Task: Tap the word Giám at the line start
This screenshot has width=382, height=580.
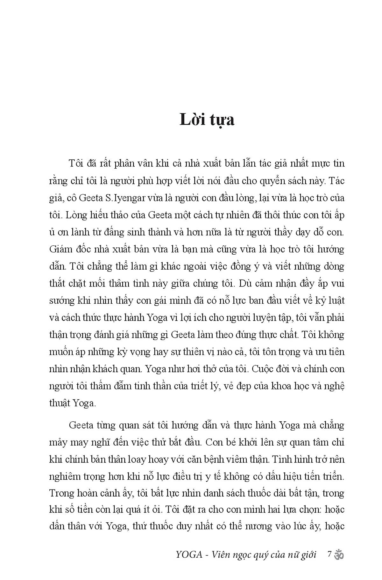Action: [x=60, y=249]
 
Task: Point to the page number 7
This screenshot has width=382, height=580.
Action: [x=330, y=554]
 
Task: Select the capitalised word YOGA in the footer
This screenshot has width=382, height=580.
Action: [x=189, y=555]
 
